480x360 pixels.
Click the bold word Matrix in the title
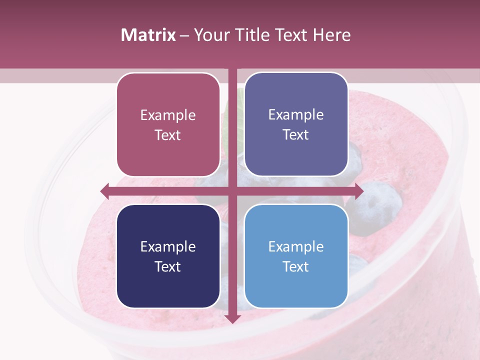click(x=148, y=35)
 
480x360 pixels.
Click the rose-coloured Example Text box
click(x=168, y=124)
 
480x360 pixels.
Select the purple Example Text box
click(x=296, y=124)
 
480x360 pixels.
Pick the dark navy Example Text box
click(x=168, y=256)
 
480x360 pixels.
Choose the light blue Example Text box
click(x=296, y=256)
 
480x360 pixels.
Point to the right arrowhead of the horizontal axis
click(x=358, y=190)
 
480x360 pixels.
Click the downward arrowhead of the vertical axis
click(x=232, y=318)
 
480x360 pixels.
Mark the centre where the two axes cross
click(x=232, y=190)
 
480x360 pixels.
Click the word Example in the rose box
click(x=168, y=115)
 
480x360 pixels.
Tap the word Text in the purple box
click(x=296, y=134)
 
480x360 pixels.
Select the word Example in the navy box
click(x=168, y=246)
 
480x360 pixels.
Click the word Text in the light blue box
click(x=296, y=266)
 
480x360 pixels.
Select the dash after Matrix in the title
click(x=184, y=35)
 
